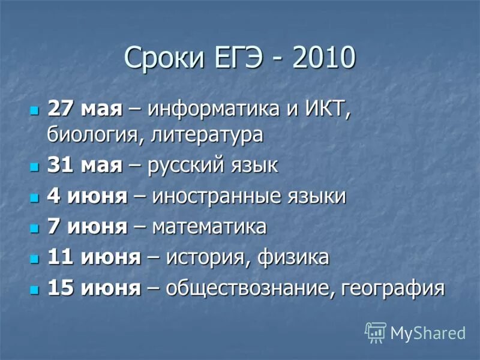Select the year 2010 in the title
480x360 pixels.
(x=323, y=59)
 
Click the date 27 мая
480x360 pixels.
(x=85, y=110)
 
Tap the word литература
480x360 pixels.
(x=207, y=134)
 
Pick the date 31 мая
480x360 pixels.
(x=85, y=166)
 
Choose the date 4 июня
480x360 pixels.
(x=87, y=196)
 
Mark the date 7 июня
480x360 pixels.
(x=87, y=227)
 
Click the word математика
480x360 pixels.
(x=209, y=227)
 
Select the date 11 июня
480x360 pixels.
(x=94, y=257)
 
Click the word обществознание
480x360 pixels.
(x=247, y=288)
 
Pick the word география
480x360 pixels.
(x=393, y=288)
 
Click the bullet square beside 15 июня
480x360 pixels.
(x=34, y=289)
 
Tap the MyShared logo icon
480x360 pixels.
(x=376, y=332)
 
